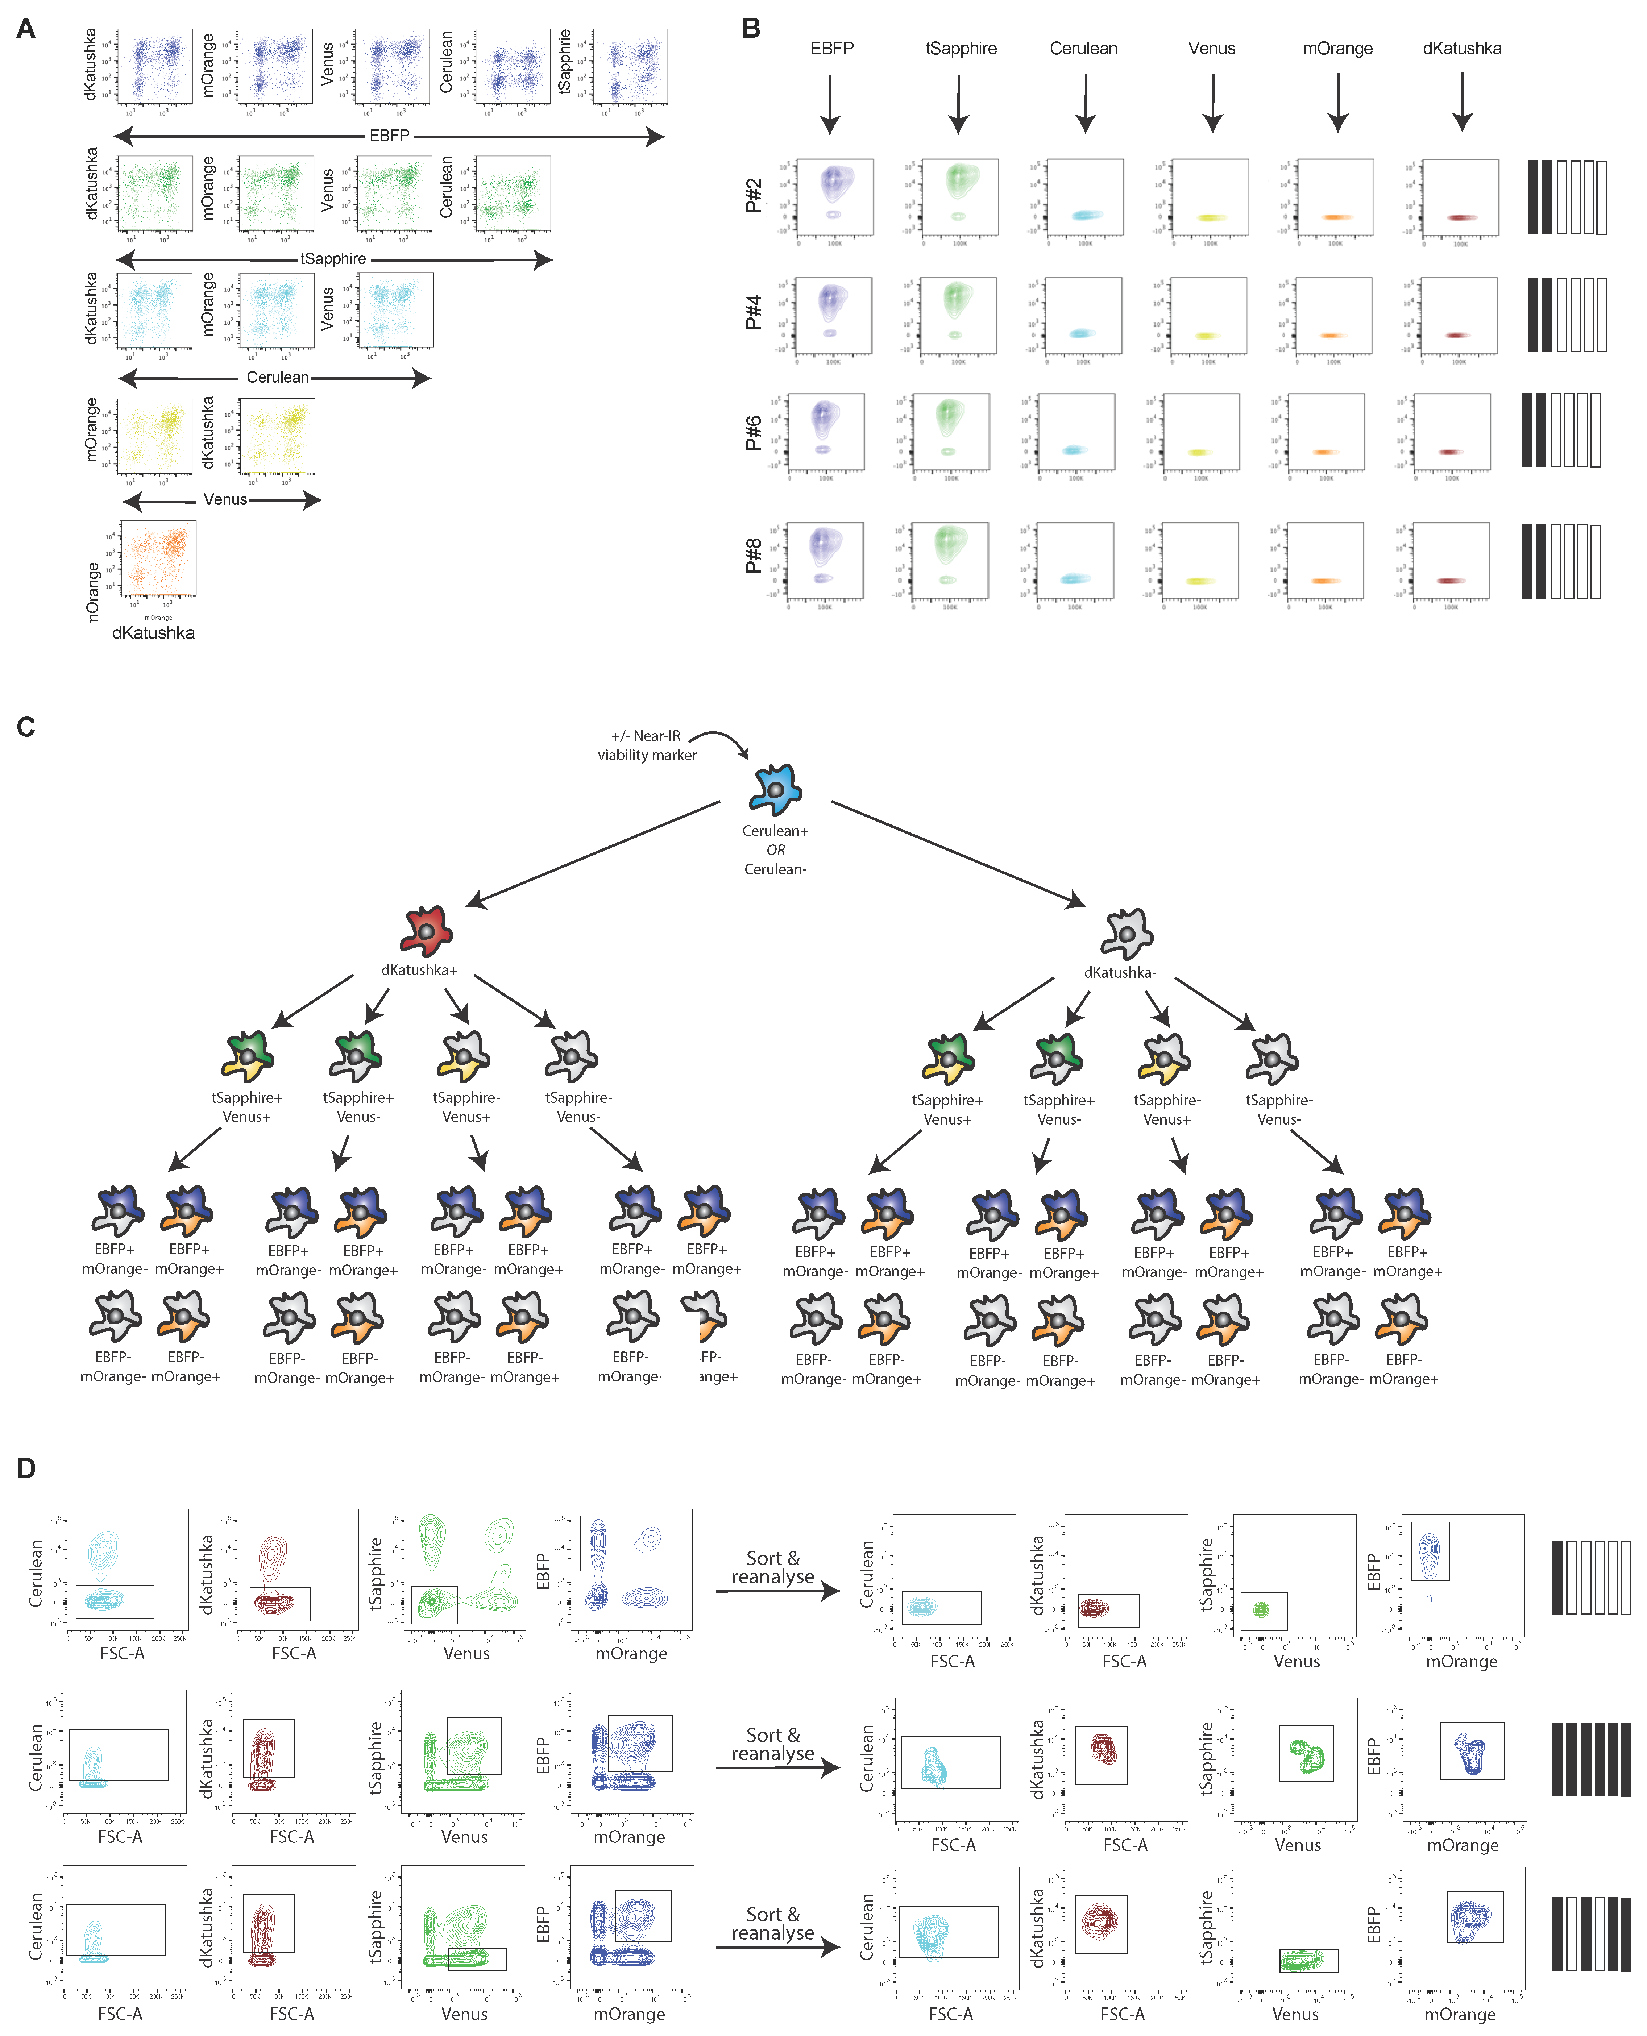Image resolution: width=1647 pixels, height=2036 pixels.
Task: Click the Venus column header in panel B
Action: coord(1212,49)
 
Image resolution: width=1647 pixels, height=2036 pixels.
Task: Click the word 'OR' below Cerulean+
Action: coord(775,850)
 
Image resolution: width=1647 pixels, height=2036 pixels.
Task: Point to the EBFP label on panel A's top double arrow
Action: coord(389,136)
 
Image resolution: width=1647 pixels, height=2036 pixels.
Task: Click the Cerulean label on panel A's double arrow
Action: coord(277,378)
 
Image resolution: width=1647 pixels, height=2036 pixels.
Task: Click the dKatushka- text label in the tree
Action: coord(1120,972)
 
